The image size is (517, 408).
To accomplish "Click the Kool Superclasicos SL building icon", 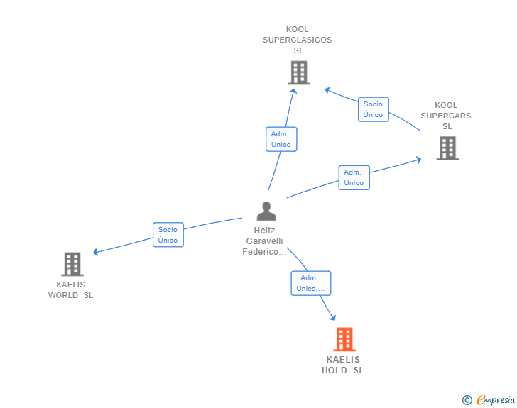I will coord(299,72).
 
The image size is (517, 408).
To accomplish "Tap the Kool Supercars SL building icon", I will coord(447,148).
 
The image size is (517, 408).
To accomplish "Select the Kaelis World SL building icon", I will coord(72,264).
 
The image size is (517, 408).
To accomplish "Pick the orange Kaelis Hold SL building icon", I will coord(344,339).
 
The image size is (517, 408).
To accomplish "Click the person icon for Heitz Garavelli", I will coord(266,211).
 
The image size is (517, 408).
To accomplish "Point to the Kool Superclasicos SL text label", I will coord(298,40).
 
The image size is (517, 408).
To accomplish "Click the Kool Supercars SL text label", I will coord(446,116).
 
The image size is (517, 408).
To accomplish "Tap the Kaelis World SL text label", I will coord(70,290).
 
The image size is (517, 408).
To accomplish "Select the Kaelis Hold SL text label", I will coord(343,365).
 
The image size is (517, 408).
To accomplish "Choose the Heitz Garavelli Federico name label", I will coord(265,241).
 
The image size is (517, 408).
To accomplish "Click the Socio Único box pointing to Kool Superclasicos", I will coord(373,109).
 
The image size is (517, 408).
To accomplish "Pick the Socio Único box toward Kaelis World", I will coord(168,234).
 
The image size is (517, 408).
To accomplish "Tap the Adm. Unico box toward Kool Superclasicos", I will coord(281,139).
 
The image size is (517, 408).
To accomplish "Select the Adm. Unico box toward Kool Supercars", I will coord(354,177).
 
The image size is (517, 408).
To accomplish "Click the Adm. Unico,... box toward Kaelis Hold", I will coord(311,283).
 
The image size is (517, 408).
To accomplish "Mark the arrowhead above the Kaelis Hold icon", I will coord(332,317).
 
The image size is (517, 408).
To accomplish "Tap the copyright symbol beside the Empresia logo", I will coord(467,400).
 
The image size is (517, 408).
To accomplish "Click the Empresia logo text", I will coord(496,400).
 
